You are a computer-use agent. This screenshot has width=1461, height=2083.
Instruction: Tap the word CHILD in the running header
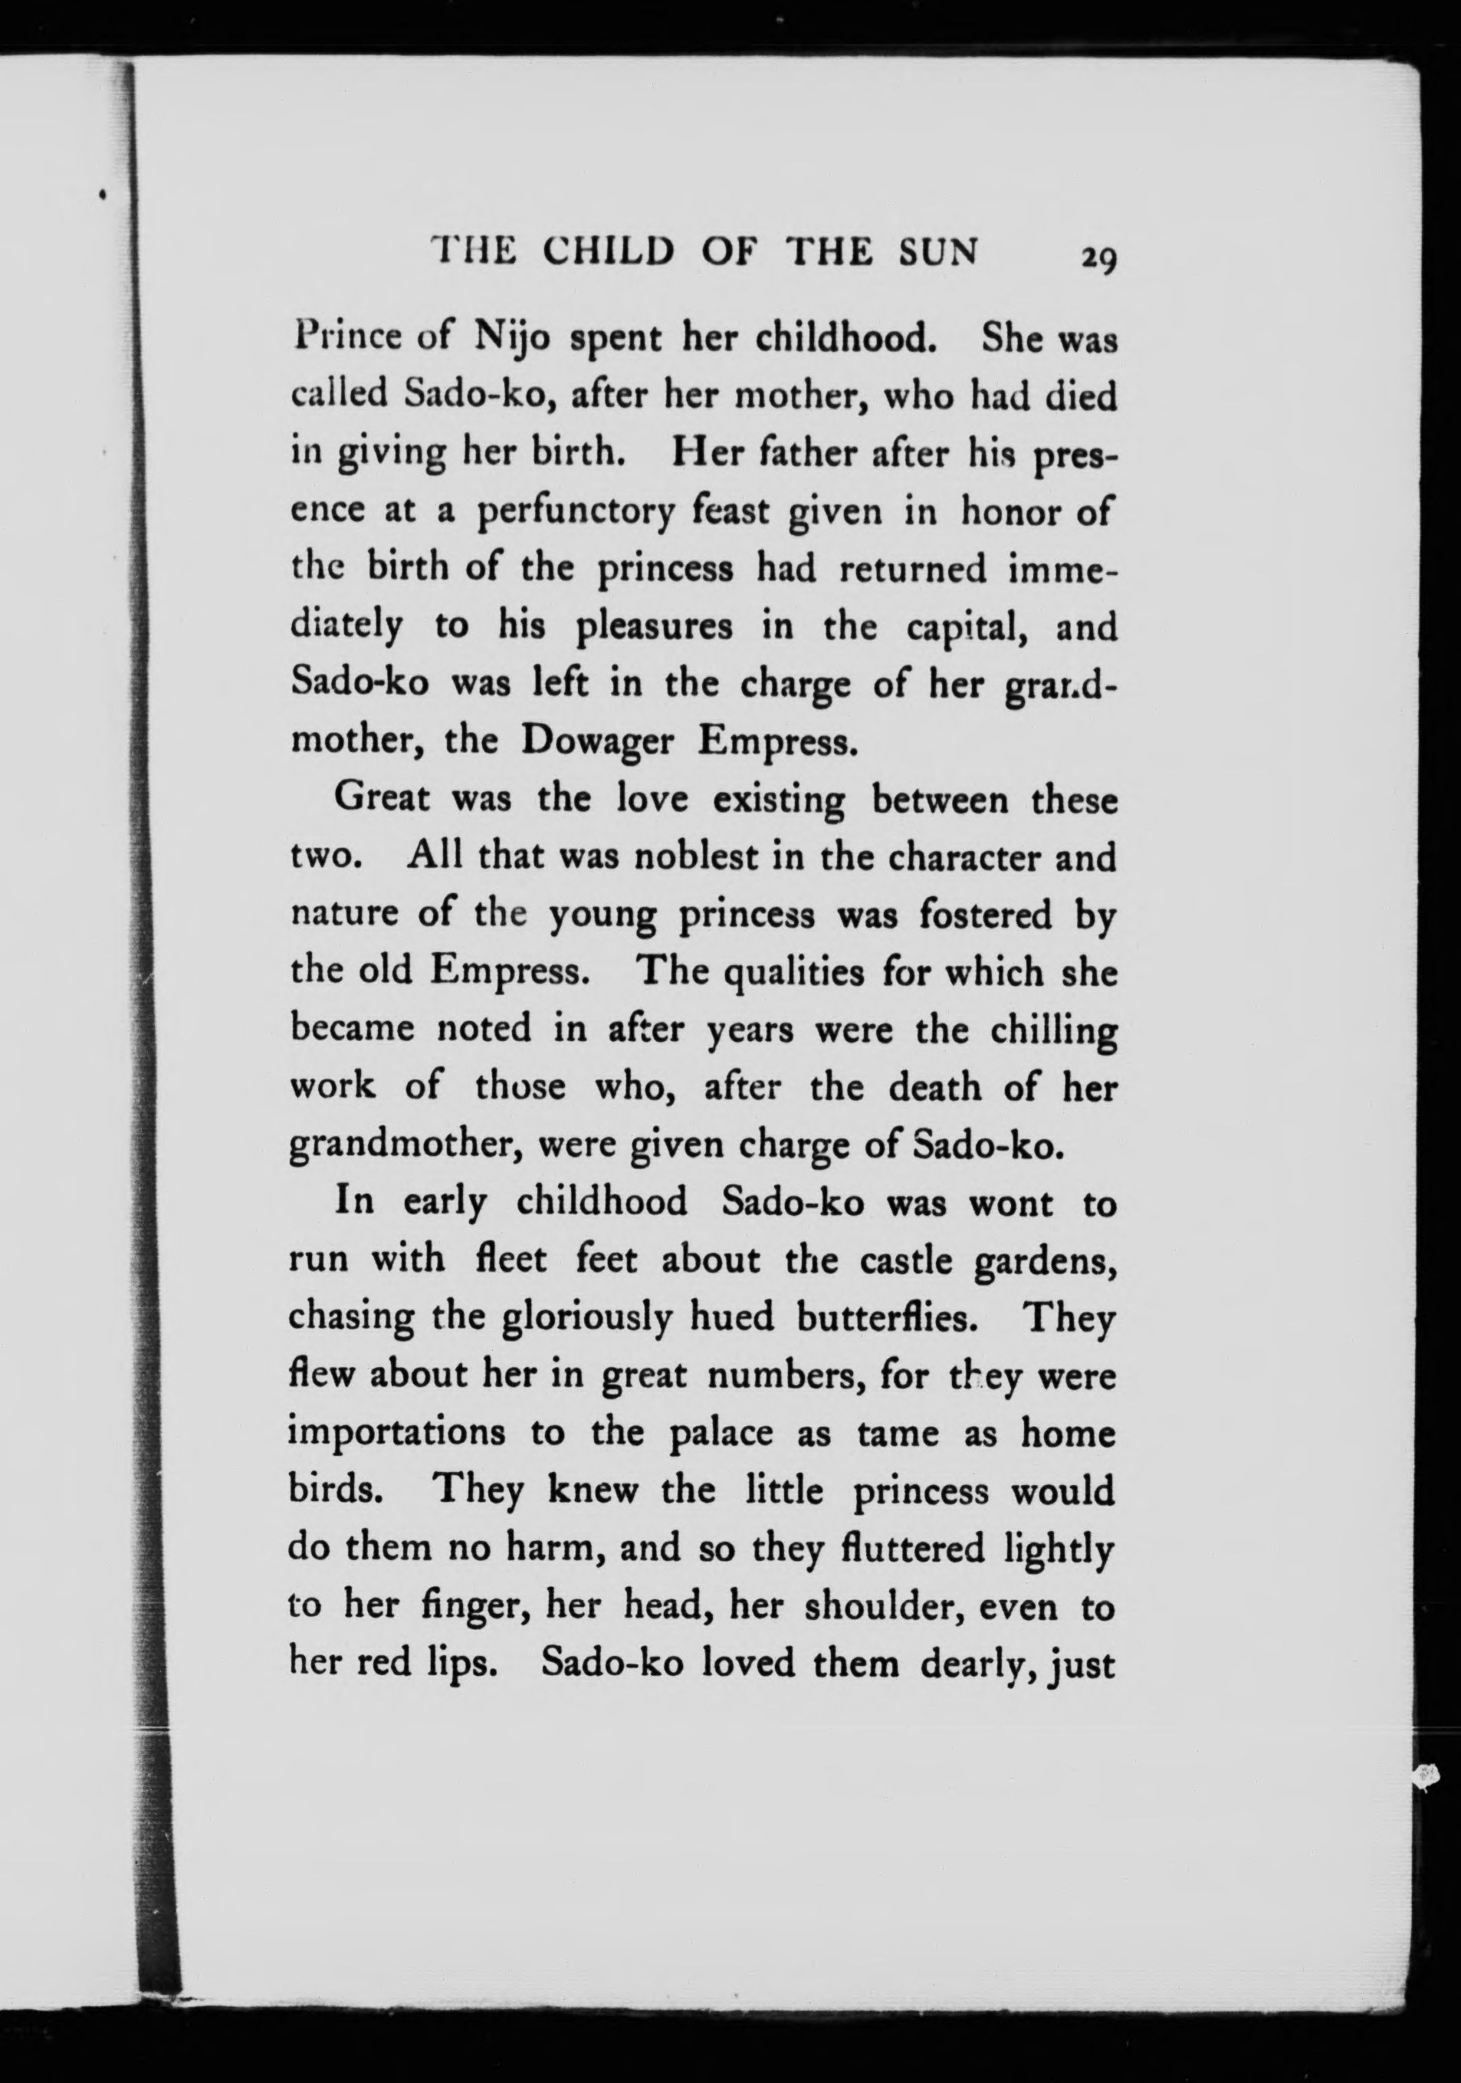pyautogui.click(x=608, y=251)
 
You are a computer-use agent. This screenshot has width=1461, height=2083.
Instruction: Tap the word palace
pyautogui.click(x=719, y=1434)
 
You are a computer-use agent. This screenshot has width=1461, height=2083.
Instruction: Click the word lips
pyautogui.click(x=461, y=1664)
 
